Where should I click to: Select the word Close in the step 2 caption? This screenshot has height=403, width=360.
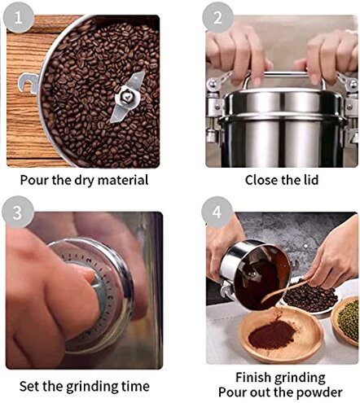263,180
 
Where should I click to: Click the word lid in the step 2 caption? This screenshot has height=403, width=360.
308,180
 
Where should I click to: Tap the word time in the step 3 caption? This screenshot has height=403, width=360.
134,386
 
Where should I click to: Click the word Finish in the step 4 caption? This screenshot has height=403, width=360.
254,377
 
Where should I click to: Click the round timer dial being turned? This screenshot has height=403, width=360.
90,293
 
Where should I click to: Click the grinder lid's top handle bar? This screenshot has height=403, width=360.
281,79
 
